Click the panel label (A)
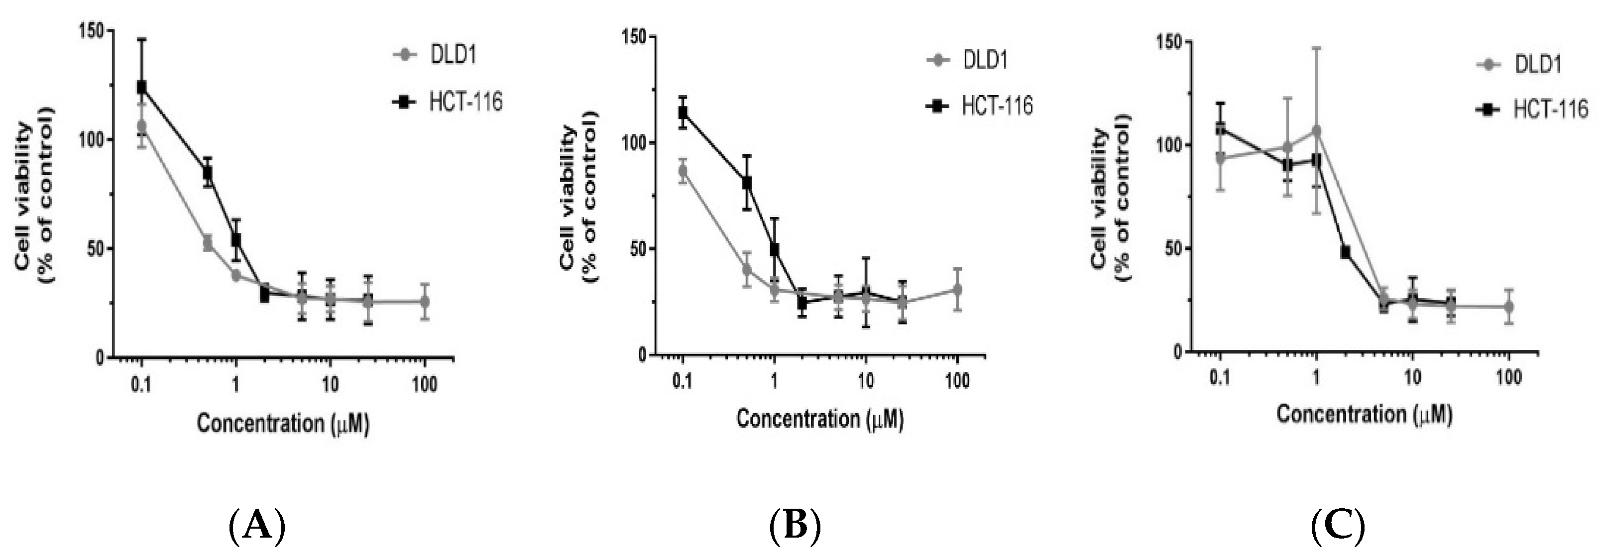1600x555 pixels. [x=257, y=526]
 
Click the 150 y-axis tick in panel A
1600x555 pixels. [x=92, y=30]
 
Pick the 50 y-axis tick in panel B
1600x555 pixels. [x=635, y=249]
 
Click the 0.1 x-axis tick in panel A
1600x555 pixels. [x=141, y=385]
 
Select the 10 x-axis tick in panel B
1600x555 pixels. [x=865, y=381]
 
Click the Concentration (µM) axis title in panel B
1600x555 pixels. [x=820, y=419]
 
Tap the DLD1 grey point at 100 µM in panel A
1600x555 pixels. [x=425, y=302]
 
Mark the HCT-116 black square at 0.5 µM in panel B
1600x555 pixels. [x=747, y=183]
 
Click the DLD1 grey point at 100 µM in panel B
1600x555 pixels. [x=957, y=289]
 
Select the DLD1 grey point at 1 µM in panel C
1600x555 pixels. [x=1316, y=130]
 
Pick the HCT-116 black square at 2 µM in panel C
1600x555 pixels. [x=1345, y=252]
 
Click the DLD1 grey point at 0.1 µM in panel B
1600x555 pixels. [x=683, y=171]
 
